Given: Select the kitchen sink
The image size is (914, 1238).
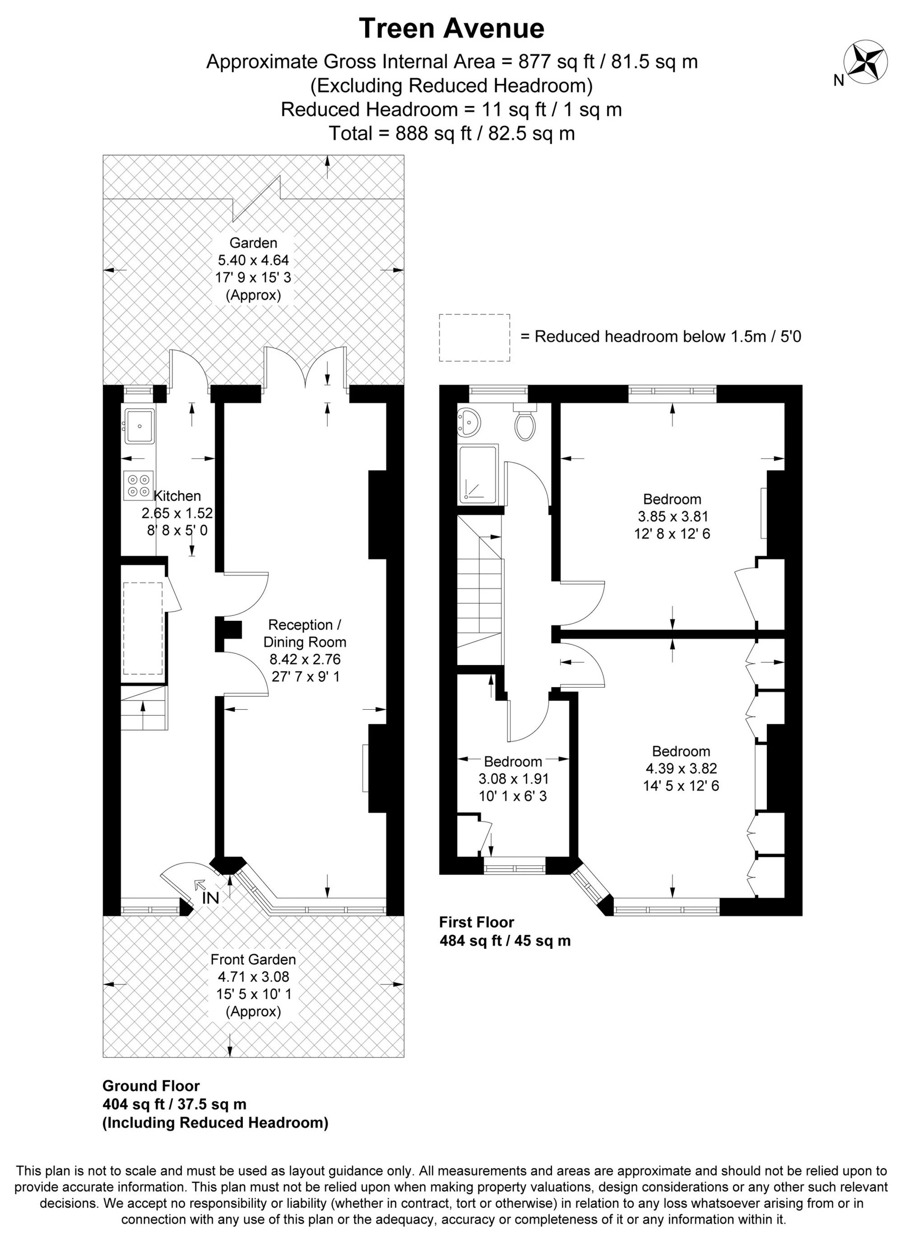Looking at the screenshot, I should tap(139, 426).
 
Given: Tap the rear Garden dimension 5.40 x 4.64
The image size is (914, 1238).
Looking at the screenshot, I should tap(253, 260).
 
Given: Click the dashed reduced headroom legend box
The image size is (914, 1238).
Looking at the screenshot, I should tap(474, 337).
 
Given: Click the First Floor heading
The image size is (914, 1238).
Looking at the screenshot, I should tap(476, 922).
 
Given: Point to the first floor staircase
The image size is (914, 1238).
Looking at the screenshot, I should tap(479, 589).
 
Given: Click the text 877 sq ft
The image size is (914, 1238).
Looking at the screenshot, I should tap(554, 61).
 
